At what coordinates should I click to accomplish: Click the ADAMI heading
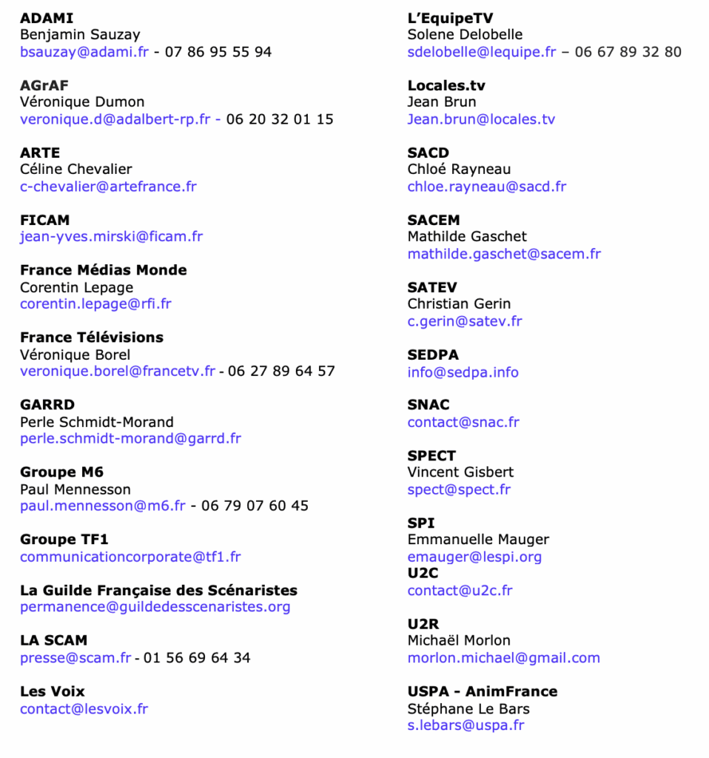point(47,18)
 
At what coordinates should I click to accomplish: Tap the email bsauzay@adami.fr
point(84,52)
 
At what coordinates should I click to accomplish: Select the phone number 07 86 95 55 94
point(218,52)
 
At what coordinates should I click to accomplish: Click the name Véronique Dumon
point(82,102)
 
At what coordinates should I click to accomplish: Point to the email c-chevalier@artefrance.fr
point(108,187)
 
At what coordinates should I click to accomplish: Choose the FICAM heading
point(44,220)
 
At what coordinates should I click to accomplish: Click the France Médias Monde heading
point(103,270)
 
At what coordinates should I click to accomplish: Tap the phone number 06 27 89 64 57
point(281,371)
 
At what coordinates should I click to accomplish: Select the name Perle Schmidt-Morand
point(97,422)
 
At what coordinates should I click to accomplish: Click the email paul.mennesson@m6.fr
point(103,506)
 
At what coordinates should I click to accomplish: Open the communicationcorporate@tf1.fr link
point(130,557)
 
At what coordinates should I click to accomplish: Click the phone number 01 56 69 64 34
point(197,657)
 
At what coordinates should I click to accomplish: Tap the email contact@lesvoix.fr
point(84,709)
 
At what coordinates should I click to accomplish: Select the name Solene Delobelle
point(465,35)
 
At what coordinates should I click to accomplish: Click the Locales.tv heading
point(446,85)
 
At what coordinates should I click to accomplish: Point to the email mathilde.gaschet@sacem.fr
point(504,254)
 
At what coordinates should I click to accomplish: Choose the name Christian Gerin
point(459,304)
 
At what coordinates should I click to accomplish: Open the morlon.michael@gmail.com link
point(503,658)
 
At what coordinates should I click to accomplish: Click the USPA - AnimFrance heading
point(483,691)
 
